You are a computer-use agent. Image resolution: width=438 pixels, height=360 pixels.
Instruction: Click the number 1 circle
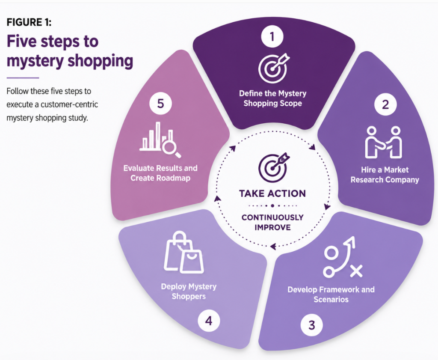tap(272, 37)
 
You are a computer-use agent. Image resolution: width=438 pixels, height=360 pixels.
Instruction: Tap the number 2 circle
tap(385, 104)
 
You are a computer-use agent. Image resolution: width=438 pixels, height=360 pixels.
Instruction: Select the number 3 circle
tap(311, 325)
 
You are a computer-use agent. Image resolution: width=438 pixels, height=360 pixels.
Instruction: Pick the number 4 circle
tap(209, 321)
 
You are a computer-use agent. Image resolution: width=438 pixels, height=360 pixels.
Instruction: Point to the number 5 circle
tap(160, 104)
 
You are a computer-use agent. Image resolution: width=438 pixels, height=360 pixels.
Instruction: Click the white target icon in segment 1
tap(273, 68)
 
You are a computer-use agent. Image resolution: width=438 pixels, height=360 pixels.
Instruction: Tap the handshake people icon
tap(384, 142)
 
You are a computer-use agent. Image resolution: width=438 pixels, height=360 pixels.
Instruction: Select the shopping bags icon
tap(183, 253)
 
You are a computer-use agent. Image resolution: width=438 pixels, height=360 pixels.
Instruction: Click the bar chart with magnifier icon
tap(160, 140)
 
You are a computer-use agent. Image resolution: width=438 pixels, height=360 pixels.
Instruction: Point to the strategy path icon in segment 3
tap(343, 257)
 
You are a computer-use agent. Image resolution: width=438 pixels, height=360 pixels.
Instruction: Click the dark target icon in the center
tap(273, 168)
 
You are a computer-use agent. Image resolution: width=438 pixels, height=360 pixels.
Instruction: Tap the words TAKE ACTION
tap(272, 193)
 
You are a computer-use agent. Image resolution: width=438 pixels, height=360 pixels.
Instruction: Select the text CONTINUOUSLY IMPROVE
tap(272, 223)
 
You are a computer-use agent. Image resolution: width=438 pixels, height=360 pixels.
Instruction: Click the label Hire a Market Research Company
tap(385, 175)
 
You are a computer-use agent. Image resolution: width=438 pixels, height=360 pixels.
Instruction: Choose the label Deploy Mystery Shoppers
tap(189, 291)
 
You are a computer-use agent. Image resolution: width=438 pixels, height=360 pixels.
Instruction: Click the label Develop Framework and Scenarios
tap(331, 295)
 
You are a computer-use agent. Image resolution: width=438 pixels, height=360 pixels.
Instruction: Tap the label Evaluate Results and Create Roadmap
tap(160, 173)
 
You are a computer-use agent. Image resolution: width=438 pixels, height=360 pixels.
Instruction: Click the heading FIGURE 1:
tap(29, 22)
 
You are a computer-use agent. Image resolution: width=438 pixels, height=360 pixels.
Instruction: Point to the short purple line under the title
tap(23, 78)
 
